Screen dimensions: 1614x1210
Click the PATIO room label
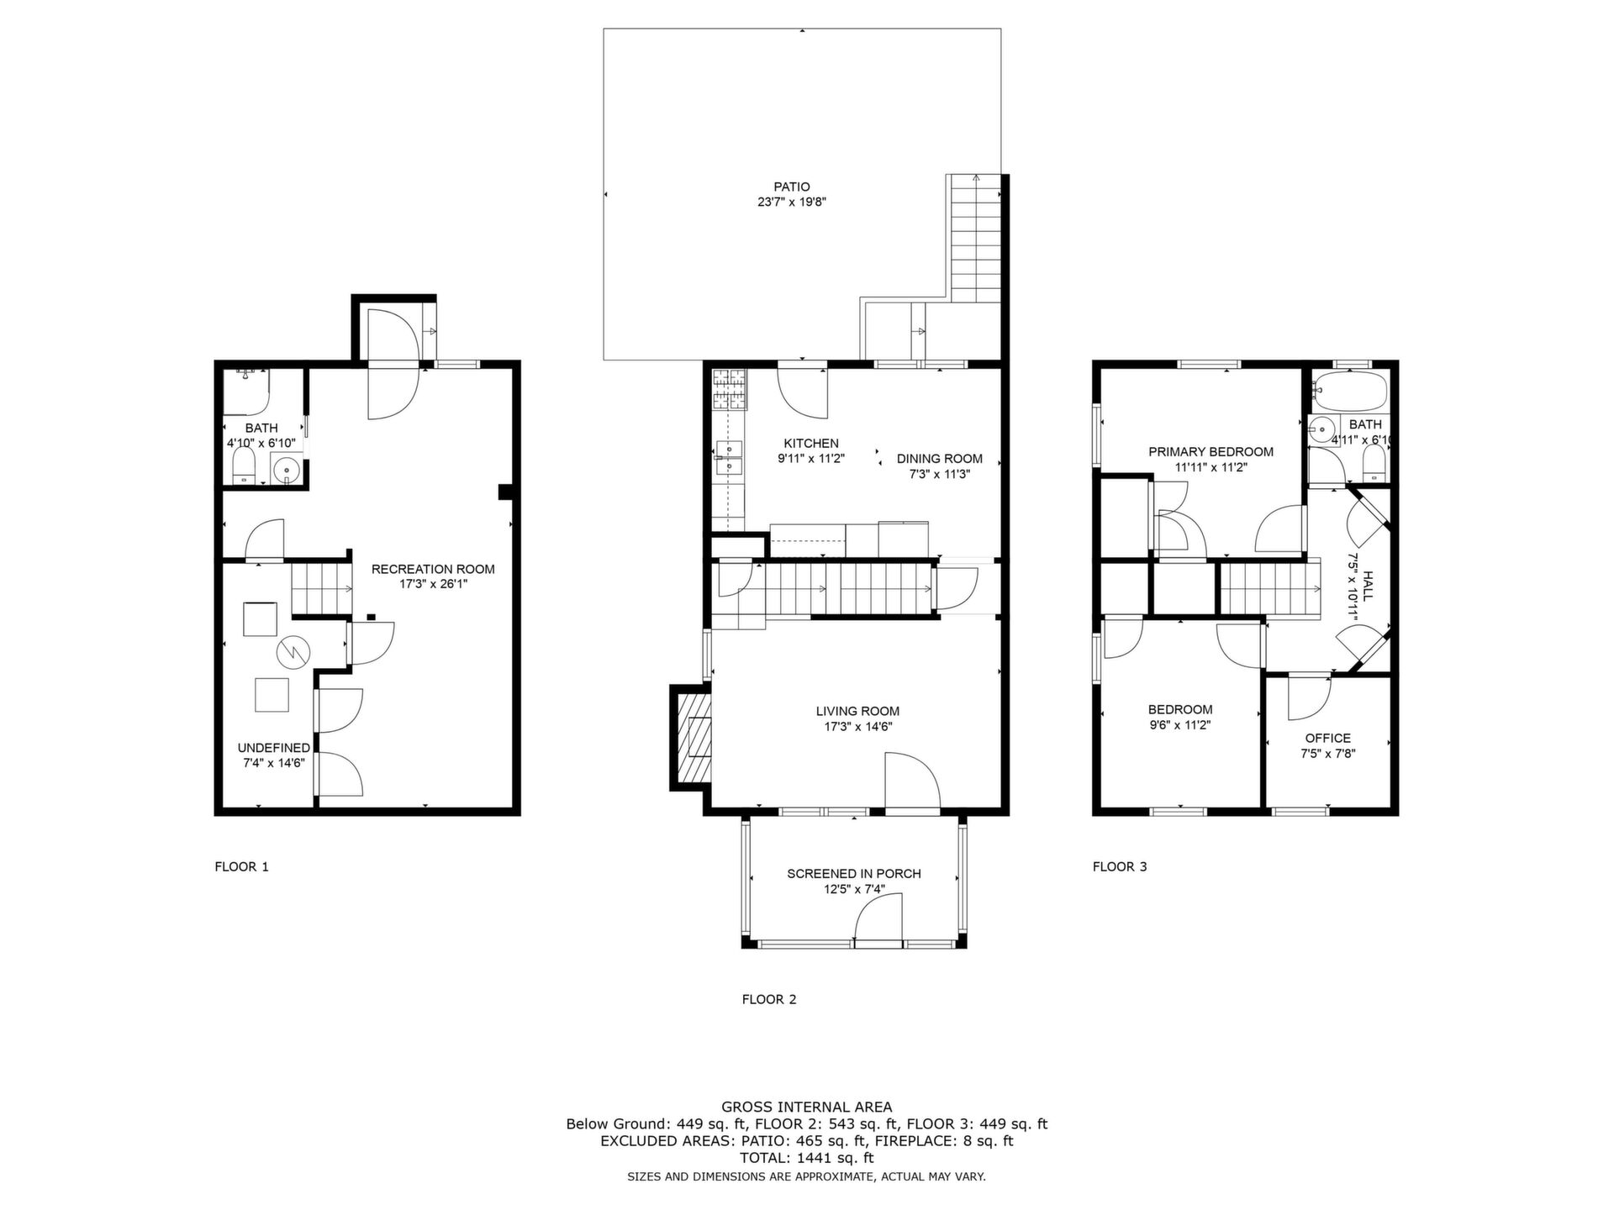[x=792, y=187]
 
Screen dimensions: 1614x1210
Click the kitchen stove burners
[x=730, y=390]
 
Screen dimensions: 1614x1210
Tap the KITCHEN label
[x=811, y=444]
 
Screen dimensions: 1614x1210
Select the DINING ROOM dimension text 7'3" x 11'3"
[x=939, y=474]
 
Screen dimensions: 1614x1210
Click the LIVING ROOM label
[x=857, y=711]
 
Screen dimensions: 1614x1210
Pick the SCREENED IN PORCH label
[x=854, y=874]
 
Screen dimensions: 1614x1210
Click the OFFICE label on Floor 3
[x=1328, y=739]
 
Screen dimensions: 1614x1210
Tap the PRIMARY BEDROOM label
[x=1211, y=452]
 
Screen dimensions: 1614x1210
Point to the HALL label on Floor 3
[x=1368, y=587]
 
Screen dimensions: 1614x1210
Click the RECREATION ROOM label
[x=434, y=569]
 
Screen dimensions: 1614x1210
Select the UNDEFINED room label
[x=274, y=748]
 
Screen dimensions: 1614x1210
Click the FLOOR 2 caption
[x=769, y=999]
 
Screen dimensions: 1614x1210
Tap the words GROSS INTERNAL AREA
[x=807, y=1107]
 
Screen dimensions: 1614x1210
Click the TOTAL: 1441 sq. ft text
[x=807, y=1158]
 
